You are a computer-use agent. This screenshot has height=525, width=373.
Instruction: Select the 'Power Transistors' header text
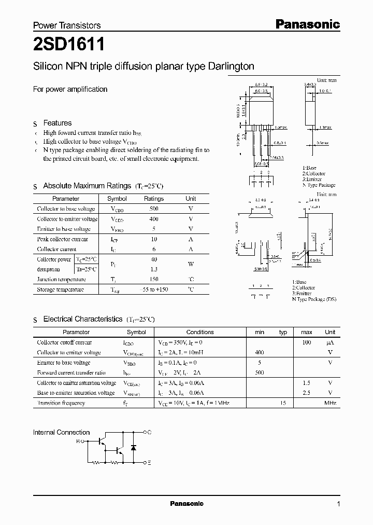[x=67, y=25]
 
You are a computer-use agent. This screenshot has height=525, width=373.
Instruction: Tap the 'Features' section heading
[x=57, y=123]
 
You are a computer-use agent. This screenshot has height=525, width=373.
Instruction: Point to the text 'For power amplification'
[x=70, y=89]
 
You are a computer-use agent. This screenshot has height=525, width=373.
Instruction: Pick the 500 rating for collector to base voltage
[x=154, y=209]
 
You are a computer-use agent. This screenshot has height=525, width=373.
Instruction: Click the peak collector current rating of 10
[x=154, y=239]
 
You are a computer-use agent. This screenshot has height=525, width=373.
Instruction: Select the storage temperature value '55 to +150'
[x=154, y=289]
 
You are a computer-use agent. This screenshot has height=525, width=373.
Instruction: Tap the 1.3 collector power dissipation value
[x=154, y=269]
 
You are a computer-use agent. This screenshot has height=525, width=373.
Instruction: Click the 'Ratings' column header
[x=154, y=199]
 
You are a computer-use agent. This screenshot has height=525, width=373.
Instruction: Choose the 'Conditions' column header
[x=200, y=332]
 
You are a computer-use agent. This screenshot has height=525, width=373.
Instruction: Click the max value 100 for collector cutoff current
[x=306, y=342]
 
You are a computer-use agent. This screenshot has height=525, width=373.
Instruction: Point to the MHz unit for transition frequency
[x=330, y=403]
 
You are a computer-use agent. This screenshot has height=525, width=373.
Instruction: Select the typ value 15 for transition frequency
[x=283, y=403]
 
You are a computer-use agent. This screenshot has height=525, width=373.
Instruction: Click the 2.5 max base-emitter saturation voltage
[x=306, y=393]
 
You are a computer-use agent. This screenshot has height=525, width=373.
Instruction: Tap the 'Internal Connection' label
[x=61, y=432]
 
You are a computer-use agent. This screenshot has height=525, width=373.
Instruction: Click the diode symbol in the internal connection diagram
[x=134, y=447]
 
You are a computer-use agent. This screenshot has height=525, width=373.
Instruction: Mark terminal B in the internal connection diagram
[x=78, y=441]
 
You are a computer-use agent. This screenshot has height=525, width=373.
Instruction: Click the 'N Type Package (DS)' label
[x=314, y=299]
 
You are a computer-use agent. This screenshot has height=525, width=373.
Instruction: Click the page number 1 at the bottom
[x=338, y=504]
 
